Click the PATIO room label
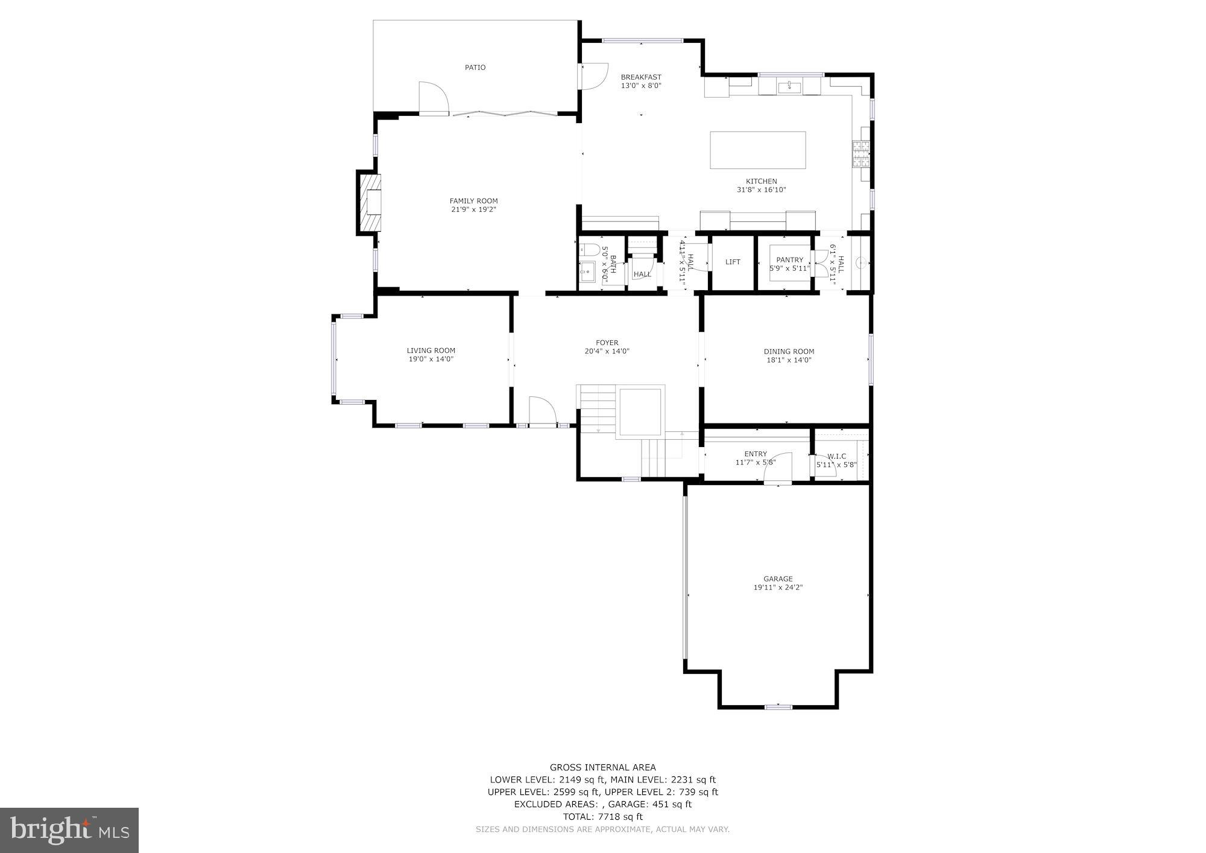(x=475, y=68)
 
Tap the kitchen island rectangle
(x=757, y=150)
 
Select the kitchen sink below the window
(x=789, y=87)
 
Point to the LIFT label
(x=733, y=262)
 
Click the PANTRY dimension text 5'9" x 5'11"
(x=789, y=268)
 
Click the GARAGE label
(x=778, y=579)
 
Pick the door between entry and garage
(x=778, y=469)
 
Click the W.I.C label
(x=836, y=456)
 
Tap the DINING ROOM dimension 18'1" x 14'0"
(x=789, y=360)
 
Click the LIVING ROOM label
(x=431, y=350)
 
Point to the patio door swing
(x=433, y=98)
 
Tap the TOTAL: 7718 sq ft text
(x=602, y=817)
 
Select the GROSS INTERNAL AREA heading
(x=602, y=767)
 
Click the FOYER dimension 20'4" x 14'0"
(x=607, y=351)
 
